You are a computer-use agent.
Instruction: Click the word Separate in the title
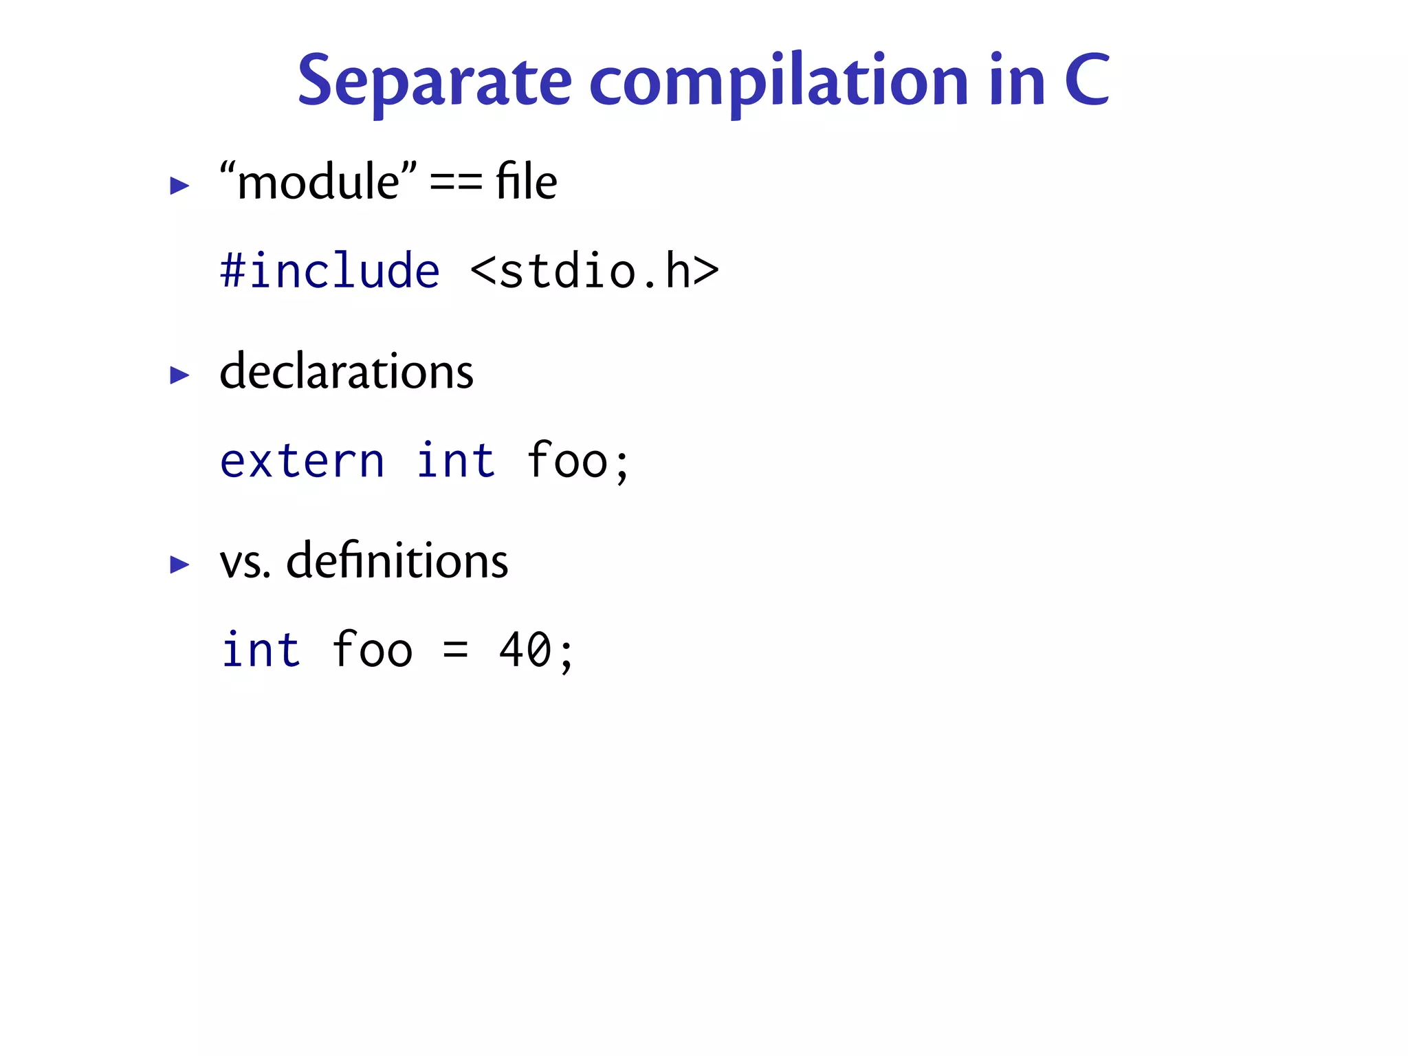click(434, 82)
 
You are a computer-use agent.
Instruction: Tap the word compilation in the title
click(779, 82)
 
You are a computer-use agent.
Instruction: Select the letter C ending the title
click(1086, 80)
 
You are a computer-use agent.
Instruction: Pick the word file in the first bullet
click(526, 182)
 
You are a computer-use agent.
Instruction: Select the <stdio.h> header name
click(595, 270)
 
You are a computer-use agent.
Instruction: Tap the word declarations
click(346, 371)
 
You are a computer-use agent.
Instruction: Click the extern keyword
click(302, 460)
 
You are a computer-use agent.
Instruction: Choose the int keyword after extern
click(456, 460)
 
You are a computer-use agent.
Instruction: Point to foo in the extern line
click(567, 460)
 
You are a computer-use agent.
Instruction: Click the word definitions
click(397, 560)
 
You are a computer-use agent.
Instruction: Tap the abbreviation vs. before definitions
click(245, 562)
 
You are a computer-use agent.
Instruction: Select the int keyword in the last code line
click(261, 650)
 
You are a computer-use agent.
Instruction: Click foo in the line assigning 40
click(372, 650)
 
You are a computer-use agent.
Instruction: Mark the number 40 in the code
click(525, 650)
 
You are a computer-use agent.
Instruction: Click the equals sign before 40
click(455, 650)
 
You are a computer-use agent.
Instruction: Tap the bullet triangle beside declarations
click(179, 375)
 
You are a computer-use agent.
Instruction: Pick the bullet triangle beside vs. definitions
click(179, 564)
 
